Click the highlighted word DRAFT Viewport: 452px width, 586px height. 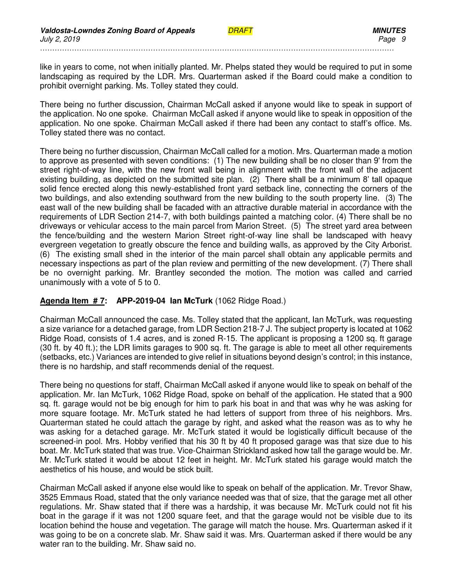point(240,31)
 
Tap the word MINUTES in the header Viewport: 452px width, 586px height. point(389,31)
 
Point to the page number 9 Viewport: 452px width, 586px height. point(403,39)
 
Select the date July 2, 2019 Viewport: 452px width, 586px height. point(60,39)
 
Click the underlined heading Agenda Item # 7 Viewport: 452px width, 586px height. point(72,301)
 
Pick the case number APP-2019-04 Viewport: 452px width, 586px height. point(141,301)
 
